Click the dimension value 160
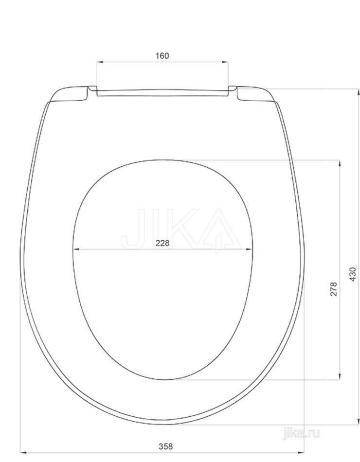(x=162, y=56)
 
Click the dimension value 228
(x=162, y=243)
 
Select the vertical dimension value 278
(x=333, y=289)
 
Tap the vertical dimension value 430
(x=353, y=274)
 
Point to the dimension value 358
(x=166, y=446)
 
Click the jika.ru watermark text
(x=301, y=433)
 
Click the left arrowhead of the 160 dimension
(x=100, y=62)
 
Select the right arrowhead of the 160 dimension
(x=225, y=62)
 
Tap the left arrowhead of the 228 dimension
(x=76, y=249)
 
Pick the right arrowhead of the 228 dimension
(x=249, y=249)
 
